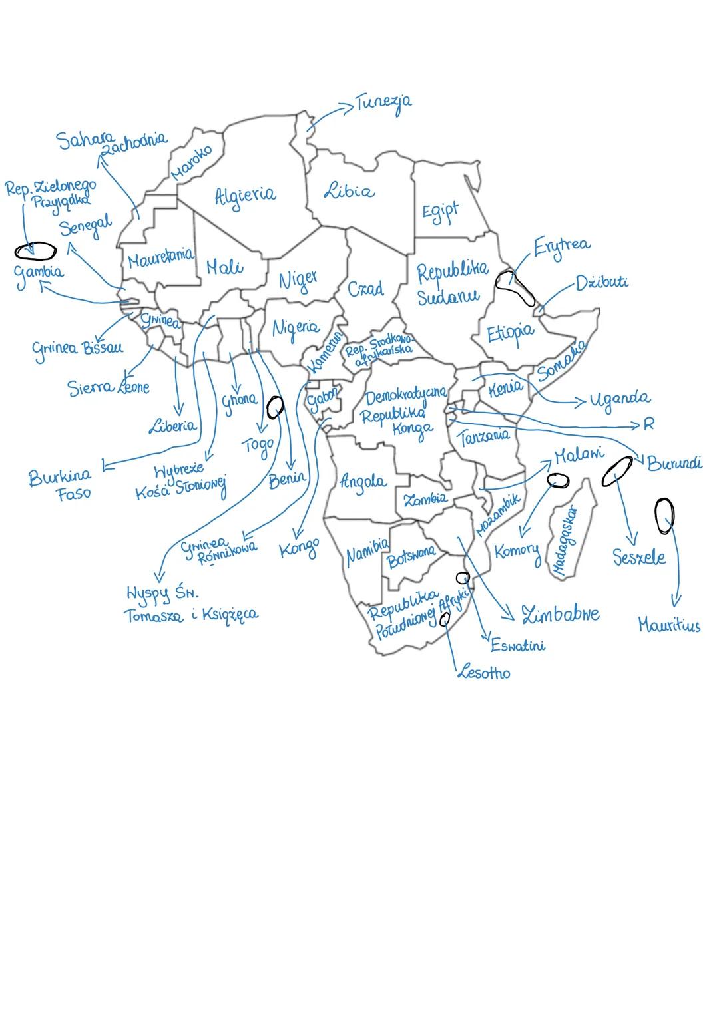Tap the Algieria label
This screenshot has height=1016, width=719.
(x=244, y=195)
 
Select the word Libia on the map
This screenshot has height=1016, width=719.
(x=349, y=191)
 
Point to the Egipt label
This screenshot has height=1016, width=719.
(x=440, y=212)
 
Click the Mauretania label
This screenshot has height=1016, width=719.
(x=160, y=257)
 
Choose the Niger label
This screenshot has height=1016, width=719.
(x=298, y=279)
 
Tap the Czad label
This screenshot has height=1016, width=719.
(x=365, y=289)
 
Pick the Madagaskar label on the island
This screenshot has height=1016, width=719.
(x=565, y=540)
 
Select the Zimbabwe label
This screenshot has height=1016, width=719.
(x=560, y=614)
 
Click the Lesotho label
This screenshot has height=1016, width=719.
(x=484, y=673)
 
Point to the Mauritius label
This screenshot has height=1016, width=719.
(x=669, y=625)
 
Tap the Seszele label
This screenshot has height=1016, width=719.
(x=639, y=557)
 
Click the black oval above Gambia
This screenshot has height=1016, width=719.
(x=35, y=251)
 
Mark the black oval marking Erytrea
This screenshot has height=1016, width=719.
(x=515, y=287)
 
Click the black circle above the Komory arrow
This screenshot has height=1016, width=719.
(x=558, y=480)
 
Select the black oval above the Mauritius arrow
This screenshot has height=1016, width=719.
(x=664, y=516)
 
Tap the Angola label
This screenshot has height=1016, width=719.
(x=362, y=481)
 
